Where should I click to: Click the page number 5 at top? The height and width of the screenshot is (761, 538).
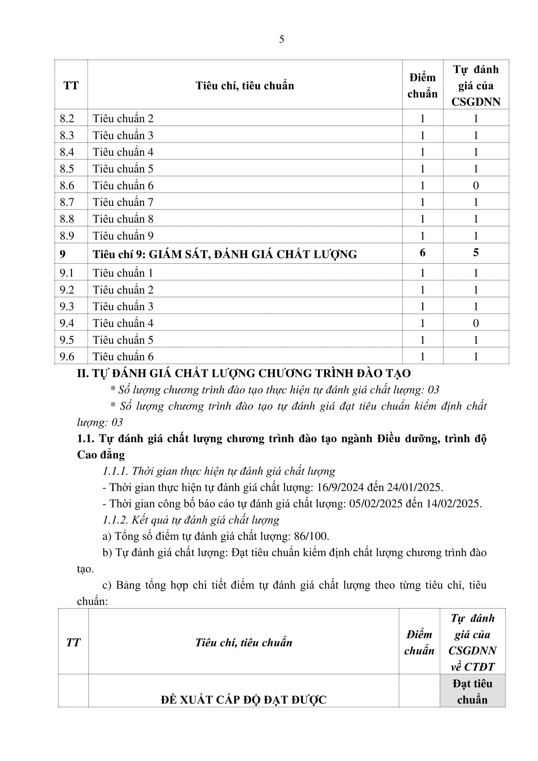point(281,39)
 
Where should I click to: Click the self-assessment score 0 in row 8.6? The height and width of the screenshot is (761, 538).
point(476,186)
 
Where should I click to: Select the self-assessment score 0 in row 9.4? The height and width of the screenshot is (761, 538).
point(476,323)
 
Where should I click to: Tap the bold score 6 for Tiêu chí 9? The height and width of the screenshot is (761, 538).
point(423,253)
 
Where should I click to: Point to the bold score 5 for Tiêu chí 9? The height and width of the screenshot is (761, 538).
point(476,253)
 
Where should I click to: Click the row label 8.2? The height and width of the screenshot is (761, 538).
point(67,119)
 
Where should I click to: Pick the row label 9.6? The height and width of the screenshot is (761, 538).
point(67,357)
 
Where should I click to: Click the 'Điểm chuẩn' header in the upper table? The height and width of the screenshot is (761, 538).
point(423,86)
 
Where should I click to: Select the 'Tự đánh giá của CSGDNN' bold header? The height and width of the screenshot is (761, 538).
point(476,86)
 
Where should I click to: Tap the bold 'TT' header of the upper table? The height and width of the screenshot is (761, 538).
point(71,86)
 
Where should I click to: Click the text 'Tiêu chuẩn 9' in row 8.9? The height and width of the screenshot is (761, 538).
point(123,236)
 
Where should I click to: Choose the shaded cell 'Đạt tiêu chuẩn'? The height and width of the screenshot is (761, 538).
point(472,691)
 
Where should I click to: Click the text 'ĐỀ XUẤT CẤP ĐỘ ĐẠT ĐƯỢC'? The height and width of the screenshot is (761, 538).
point(244,700)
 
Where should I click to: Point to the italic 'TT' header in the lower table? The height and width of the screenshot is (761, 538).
point(73,642)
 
